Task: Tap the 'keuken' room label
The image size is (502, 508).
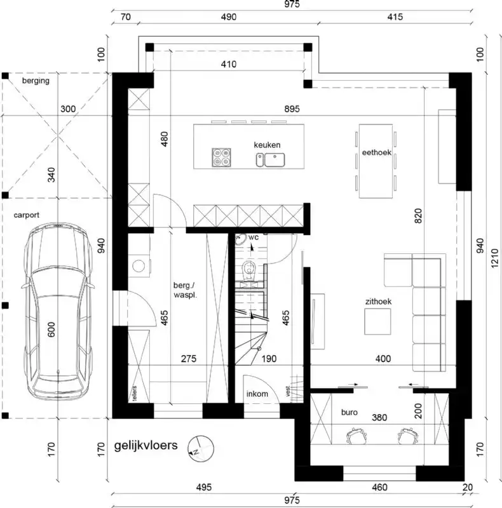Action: point(267,145)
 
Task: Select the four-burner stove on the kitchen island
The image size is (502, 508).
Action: point(222,157)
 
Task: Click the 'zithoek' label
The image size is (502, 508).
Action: point(377,302)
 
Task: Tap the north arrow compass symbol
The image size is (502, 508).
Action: point(198,447)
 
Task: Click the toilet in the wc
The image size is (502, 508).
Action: point(250,271)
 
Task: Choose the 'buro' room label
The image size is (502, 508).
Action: point(349,412)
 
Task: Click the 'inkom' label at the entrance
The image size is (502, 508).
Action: point(257,394)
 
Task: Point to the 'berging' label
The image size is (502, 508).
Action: point(36,81)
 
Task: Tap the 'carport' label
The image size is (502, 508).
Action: point(27,215)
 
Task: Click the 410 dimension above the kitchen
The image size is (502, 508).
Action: point(229,64)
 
